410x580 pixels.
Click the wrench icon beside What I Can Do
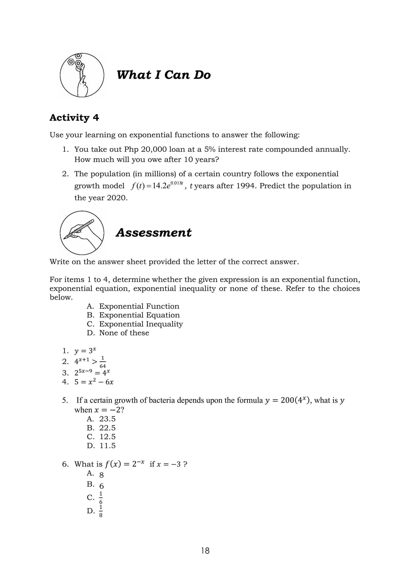pyautogui.click(x=82, y=75)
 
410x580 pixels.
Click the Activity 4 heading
pyautogui.click(x=74, y=118)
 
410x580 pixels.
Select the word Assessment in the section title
pyautogui.click(x=154, y=233)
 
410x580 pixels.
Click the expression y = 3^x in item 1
pyautogui.click(x=85, y=351)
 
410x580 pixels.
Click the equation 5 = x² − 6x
pyautogui.click(x=94, y=382)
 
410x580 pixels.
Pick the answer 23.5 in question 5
pyautogui.click(x=107, y=419)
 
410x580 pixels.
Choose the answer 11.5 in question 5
pyautogui.click(x=107, y=446)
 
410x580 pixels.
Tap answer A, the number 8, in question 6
pyautogui.click(x=101, y=475)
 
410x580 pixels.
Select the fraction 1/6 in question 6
pyautogui.click(x=101, y=498)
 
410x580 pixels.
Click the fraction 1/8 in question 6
pyautogui.click(x=101, y=511)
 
